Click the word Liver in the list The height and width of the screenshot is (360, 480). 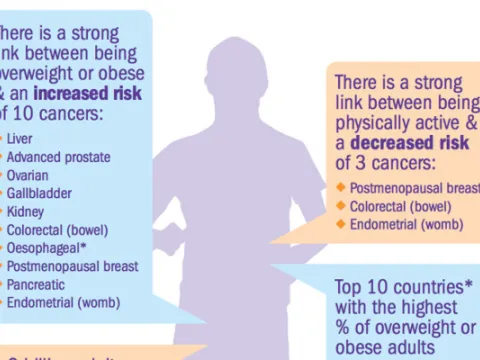point(19,139)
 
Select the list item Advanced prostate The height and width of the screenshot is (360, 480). point(58,157)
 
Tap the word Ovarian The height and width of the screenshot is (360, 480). point(27,175)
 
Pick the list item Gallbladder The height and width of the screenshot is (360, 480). point(34,193)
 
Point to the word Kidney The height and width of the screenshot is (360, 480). point(24,211)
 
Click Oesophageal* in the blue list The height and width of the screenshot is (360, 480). point(43,248)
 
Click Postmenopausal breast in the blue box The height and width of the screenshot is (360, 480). point(71,266)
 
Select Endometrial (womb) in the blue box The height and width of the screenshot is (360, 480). point(63,302)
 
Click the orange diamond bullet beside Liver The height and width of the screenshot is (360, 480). point(2,139)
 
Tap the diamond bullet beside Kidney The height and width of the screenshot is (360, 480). point(2,211)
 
